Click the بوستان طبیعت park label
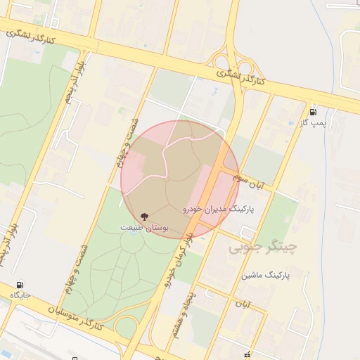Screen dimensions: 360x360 point(145,228)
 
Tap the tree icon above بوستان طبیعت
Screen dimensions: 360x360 point(145,216)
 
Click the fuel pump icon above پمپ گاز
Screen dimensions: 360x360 point(312,111)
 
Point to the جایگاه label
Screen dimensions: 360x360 point(20,294)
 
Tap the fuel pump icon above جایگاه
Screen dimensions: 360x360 point(20,283)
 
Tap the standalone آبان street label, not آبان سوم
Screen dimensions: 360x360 point(243,304)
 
